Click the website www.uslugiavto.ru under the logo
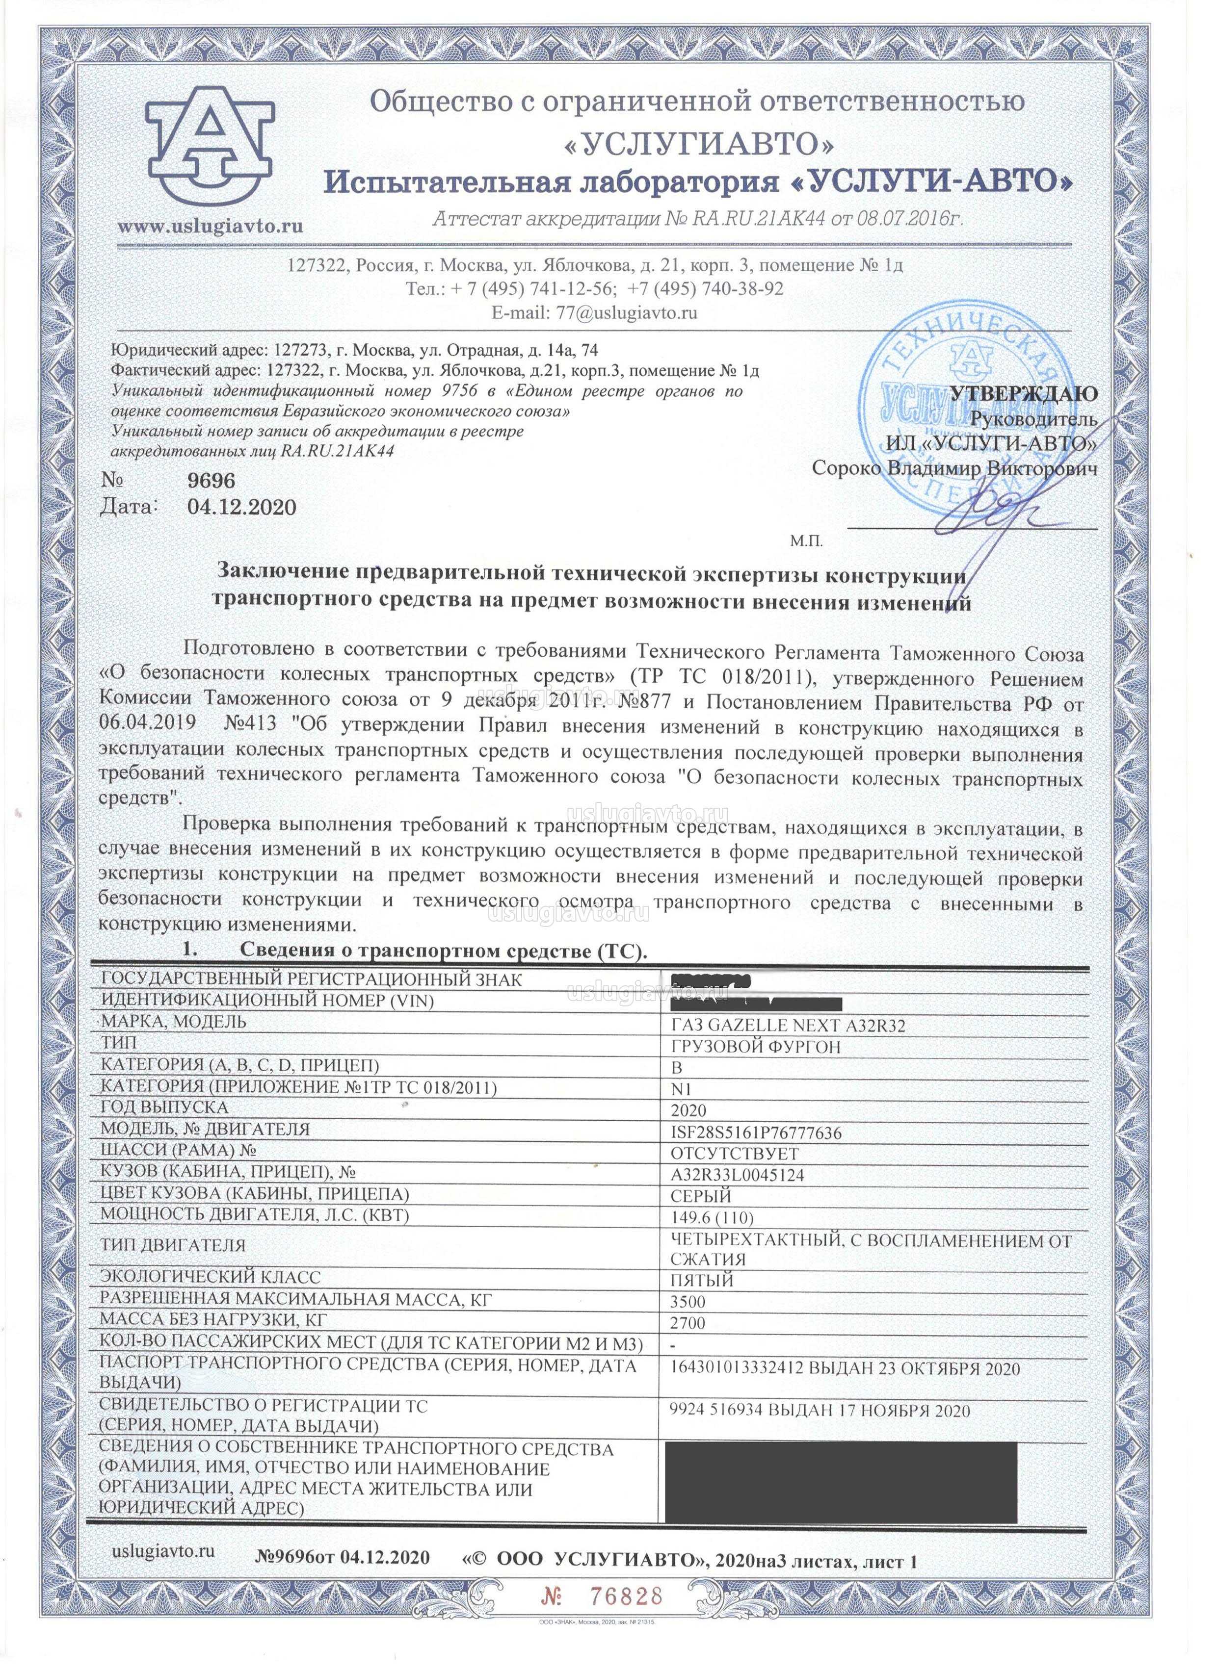(x=211, y=225)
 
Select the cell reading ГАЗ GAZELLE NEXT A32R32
(x=788, y=1026)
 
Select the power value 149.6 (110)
(x=712, y=1218)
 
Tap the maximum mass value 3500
(x=688, y=1302)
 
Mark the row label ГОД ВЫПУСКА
(x=164, y=1108)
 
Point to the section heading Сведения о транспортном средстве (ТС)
(x=443, y=951)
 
